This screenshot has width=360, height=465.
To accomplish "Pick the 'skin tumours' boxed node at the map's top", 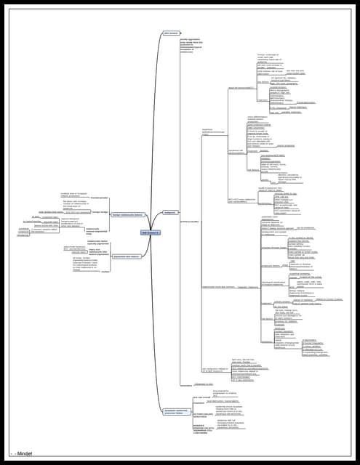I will point(171,33).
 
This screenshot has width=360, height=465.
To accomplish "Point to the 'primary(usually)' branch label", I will point(190,221).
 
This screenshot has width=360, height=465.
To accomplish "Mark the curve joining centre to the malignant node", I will point(161,222).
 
